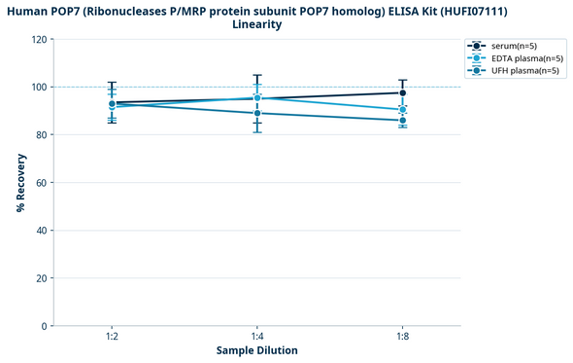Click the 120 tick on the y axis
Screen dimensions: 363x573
coord(39,40)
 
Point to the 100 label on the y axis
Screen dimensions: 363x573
coord(39,88)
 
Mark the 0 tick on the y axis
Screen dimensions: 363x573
coord(44,326)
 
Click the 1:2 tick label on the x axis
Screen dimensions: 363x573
coord(112,336)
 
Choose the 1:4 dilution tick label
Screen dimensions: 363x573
coord(257,336)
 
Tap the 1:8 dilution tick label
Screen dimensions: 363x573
coord(403,336)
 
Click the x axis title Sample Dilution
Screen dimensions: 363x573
coord(256,350)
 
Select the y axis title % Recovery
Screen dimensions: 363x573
coord(20,182)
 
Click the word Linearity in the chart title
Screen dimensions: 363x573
coord(256,24)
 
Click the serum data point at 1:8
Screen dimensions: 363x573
coord(403,92)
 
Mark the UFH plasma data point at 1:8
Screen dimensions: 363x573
coord(403,121)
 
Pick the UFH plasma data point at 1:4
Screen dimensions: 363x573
coord(257,113)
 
